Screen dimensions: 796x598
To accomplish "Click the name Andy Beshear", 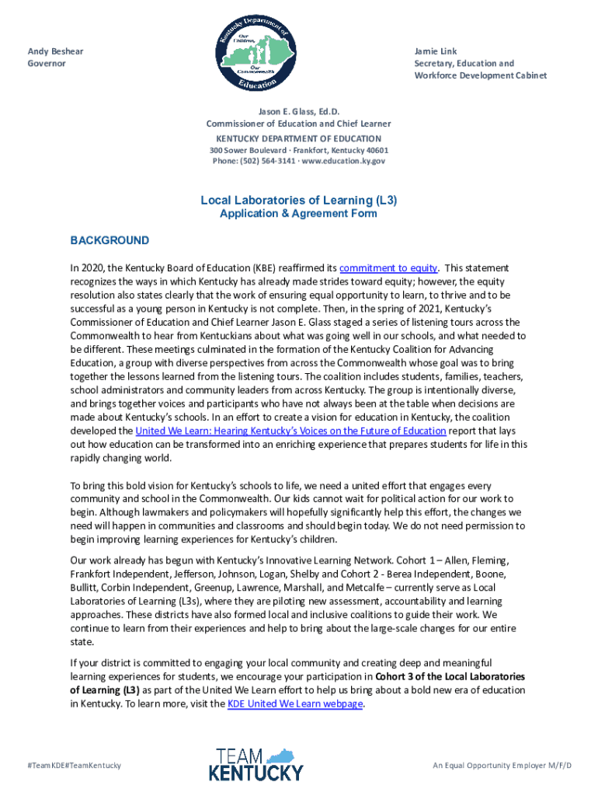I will coord(55,51).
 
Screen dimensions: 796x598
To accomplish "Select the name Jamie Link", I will coord(436,51).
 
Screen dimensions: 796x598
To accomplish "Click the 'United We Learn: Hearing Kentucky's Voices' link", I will coord(290,431).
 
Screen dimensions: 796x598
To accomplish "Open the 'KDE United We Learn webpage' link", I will coord(294,703).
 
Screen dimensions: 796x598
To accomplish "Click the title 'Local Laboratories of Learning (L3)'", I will coord(298,200).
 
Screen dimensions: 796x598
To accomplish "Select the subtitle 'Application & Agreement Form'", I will coord(298,214).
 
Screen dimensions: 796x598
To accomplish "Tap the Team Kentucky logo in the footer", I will coord(256,764).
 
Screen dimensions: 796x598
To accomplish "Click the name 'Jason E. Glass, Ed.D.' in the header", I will coord(298,111).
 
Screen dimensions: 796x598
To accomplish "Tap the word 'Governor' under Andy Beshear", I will coord(47,64).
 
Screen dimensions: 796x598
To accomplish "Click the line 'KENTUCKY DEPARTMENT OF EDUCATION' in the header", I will coord(298,138).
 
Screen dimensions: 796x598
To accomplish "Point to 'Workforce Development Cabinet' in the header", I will coord(480,75).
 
